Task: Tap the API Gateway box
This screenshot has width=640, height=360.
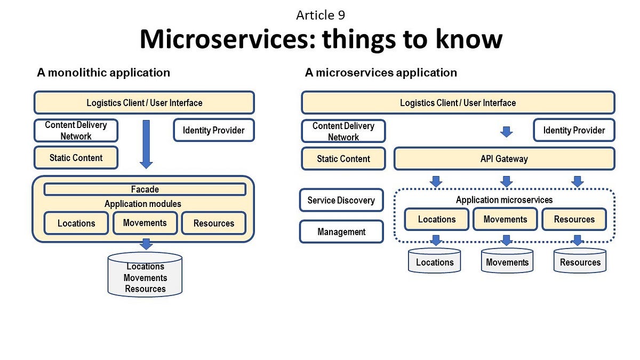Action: pyautogui.click(x=504, y=158)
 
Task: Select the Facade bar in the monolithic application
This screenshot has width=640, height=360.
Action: pyautogui.click(x=145, y=189)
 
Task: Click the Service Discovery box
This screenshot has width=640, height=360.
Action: pyautogui.click(x=341, y=201)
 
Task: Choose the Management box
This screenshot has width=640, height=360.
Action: pyautogui.click(x=341, y=232)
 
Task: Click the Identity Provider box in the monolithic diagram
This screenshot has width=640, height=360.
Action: pyautogui.click(x=213, y=130)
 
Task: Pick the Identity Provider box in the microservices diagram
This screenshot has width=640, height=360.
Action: pyautogui.click(x=574, y=130)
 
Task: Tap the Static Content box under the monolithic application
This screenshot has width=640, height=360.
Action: pyautogui.click(x=76, y=158)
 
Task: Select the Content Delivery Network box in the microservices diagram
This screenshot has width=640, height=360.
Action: pyautogui.click(x=343, y=131)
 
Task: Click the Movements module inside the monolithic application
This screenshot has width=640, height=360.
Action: pyautogui.click(x=145, y=223)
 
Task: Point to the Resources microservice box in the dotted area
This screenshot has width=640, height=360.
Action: pyautogui.click(x=574, y=219)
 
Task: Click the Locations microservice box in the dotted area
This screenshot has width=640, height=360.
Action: pyautogui.click(x=436, y=219)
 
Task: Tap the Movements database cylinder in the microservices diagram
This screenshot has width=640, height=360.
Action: pyautogui.click(x=507, y=261)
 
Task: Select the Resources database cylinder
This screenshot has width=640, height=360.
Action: pyautogui.click(x=580, y=261)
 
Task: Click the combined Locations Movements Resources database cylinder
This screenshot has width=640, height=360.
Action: pyautogui.click(x=145, y=276)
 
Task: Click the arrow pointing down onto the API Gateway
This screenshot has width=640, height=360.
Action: pyautogui.click(x=506, y=132)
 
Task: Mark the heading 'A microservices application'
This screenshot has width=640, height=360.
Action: pyautogui.click(x=381, y=73)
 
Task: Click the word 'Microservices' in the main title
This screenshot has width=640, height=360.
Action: pyautogui.click(x=227, y=39)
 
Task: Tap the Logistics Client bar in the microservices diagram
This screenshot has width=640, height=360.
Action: pyautogui.click(x=458, y=103)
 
